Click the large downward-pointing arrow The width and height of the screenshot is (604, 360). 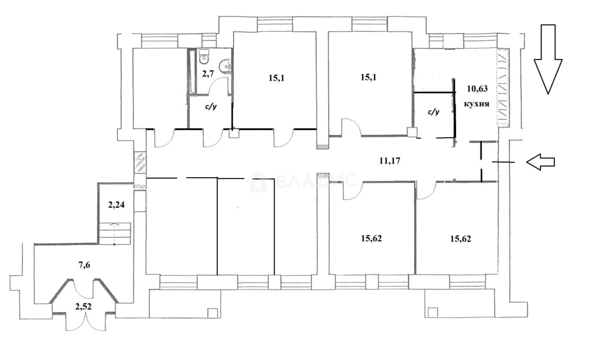pos(548,59)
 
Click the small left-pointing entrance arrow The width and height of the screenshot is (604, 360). pos(540,162)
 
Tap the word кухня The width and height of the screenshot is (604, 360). pos(477,104)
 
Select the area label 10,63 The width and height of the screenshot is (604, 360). pos(477,89)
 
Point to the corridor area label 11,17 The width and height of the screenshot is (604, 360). pos(390,161)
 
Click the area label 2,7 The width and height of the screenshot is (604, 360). pos(208,73)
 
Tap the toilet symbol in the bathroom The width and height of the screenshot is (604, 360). pos(203,57)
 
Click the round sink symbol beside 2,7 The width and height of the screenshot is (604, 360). pos(225,66)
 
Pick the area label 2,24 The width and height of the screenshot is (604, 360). pos(116,205)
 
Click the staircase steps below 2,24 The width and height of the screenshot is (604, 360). pos(115,233)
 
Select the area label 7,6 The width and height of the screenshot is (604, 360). pos(84,265)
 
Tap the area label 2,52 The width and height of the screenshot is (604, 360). pos(83,307)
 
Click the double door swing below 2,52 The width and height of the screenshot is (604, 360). pos(86,323)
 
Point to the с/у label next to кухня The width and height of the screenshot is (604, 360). pos(433,112)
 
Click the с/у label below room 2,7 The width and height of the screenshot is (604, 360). pos(211,107)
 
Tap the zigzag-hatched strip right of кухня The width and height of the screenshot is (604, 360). pos(503,88)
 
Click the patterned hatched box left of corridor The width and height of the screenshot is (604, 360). pos(140,163)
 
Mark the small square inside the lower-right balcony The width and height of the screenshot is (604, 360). pos(433,312)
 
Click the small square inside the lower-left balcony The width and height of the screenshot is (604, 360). pos(213,313)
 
